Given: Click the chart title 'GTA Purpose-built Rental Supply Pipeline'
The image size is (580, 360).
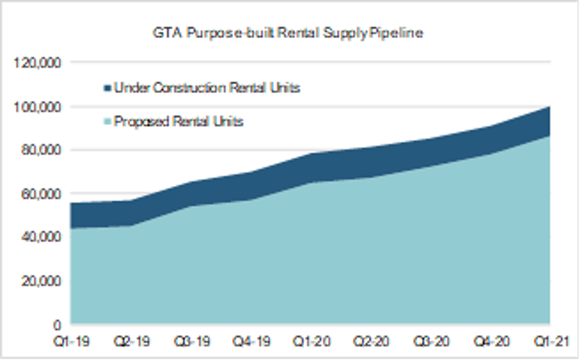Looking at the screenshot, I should click(x=288, y=33).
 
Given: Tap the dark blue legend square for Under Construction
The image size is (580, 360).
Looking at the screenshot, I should click(x=107, y=88).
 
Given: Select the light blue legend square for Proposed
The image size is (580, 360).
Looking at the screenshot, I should click(x=107, y=122).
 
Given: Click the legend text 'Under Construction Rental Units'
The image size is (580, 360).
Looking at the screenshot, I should click(x=207, y=88).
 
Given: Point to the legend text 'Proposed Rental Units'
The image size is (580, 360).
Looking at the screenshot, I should click(x=178, y=122).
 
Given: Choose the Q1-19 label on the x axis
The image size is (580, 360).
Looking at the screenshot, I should click(x=69, y=342).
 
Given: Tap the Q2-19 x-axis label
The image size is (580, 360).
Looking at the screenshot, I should click(x=130, y=342).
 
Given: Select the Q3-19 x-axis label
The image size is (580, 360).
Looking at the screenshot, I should click(x=191, y=342).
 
